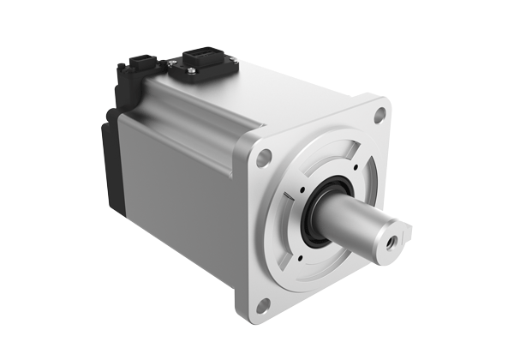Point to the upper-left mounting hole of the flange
(265, 156)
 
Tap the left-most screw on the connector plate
(171, 63)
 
